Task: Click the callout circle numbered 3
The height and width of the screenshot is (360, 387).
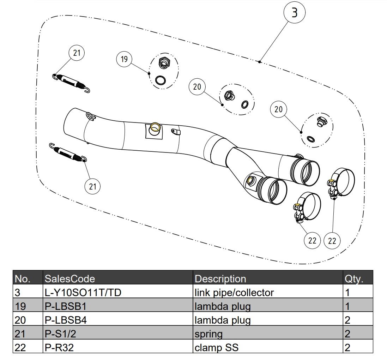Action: [x=295, y=13]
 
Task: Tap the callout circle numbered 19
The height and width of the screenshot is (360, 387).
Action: [x=124, y=59]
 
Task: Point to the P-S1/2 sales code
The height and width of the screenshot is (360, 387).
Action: [x=61, y=334]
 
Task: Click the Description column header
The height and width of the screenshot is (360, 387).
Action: [x=220, y=279]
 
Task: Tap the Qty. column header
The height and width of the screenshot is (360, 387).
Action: [x=353, y=279]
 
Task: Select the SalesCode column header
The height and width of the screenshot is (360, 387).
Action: [x=70, y=279]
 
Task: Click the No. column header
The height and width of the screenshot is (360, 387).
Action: [x=23, y=279]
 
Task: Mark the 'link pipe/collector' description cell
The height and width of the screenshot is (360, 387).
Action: [x=234, y=293]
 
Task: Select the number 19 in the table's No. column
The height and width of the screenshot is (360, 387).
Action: [x=20, y=306]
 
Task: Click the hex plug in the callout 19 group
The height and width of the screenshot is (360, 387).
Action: [x=163, y=63]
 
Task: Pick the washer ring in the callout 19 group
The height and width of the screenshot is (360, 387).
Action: [x=161, y=80]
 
